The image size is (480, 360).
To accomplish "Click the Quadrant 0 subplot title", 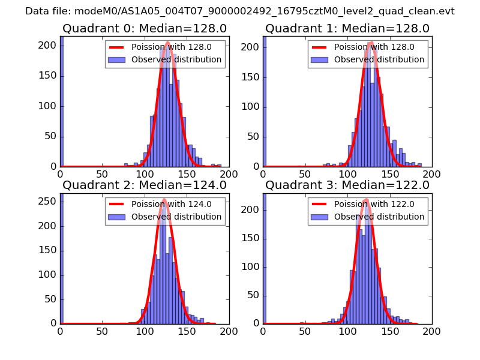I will [x=145, y=28].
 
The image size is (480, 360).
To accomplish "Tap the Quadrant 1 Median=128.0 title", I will [x=347, y=28].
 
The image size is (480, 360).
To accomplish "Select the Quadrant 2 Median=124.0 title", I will [x=145, y=185].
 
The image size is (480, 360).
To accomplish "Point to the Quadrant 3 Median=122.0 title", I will [x=347, y=185].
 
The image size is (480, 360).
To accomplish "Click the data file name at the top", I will [x=240, y=11].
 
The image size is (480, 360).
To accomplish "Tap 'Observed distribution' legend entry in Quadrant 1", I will [x=379, y=59].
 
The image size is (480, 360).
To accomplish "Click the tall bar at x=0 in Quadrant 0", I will [x=61, y=102].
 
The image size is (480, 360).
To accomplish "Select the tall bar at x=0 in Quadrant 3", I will [x=264, y=258].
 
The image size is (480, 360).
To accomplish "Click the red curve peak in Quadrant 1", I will [x=371, y=42].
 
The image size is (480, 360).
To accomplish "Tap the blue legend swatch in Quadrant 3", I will [x=320, y=217].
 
